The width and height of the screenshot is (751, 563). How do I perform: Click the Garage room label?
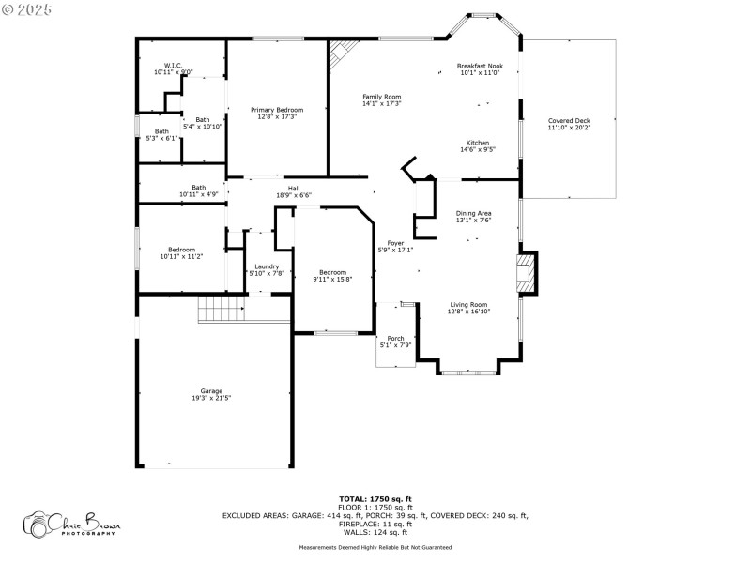[x=211, y=390]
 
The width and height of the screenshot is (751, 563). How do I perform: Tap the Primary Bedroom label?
[x=276, y=110]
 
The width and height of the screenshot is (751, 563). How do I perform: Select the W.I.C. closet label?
[x=173, y=66]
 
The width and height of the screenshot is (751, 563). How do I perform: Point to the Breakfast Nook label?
[x=480, y=66]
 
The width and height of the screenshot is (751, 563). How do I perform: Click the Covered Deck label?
[x=569, y=121]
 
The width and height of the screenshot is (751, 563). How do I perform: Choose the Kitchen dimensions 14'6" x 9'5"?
[x=478, y=149]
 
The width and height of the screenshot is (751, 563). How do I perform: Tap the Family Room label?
[x=382, y=97]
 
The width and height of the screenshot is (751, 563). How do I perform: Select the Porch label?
[x=395, y=339]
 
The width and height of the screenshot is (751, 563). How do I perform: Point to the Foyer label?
[x=395, y=243]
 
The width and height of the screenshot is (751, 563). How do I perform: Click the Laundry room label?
[x=267, y=266]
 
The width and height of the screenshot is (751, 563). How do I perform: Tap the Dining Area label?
[x=474, y=213]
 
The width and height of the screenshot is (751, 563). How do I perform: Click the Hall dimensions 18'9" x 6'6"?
[x=294, y=195]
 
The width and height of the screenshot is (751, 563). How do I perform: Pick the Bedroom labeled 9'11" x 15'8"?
[x=332, y=273]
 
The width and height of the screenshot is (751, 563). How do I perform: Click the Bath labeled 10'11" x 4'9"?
[x=198, y=187]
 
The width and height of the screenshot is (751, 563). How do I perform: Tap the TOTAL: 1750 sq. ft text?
[x=375, y=498]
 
